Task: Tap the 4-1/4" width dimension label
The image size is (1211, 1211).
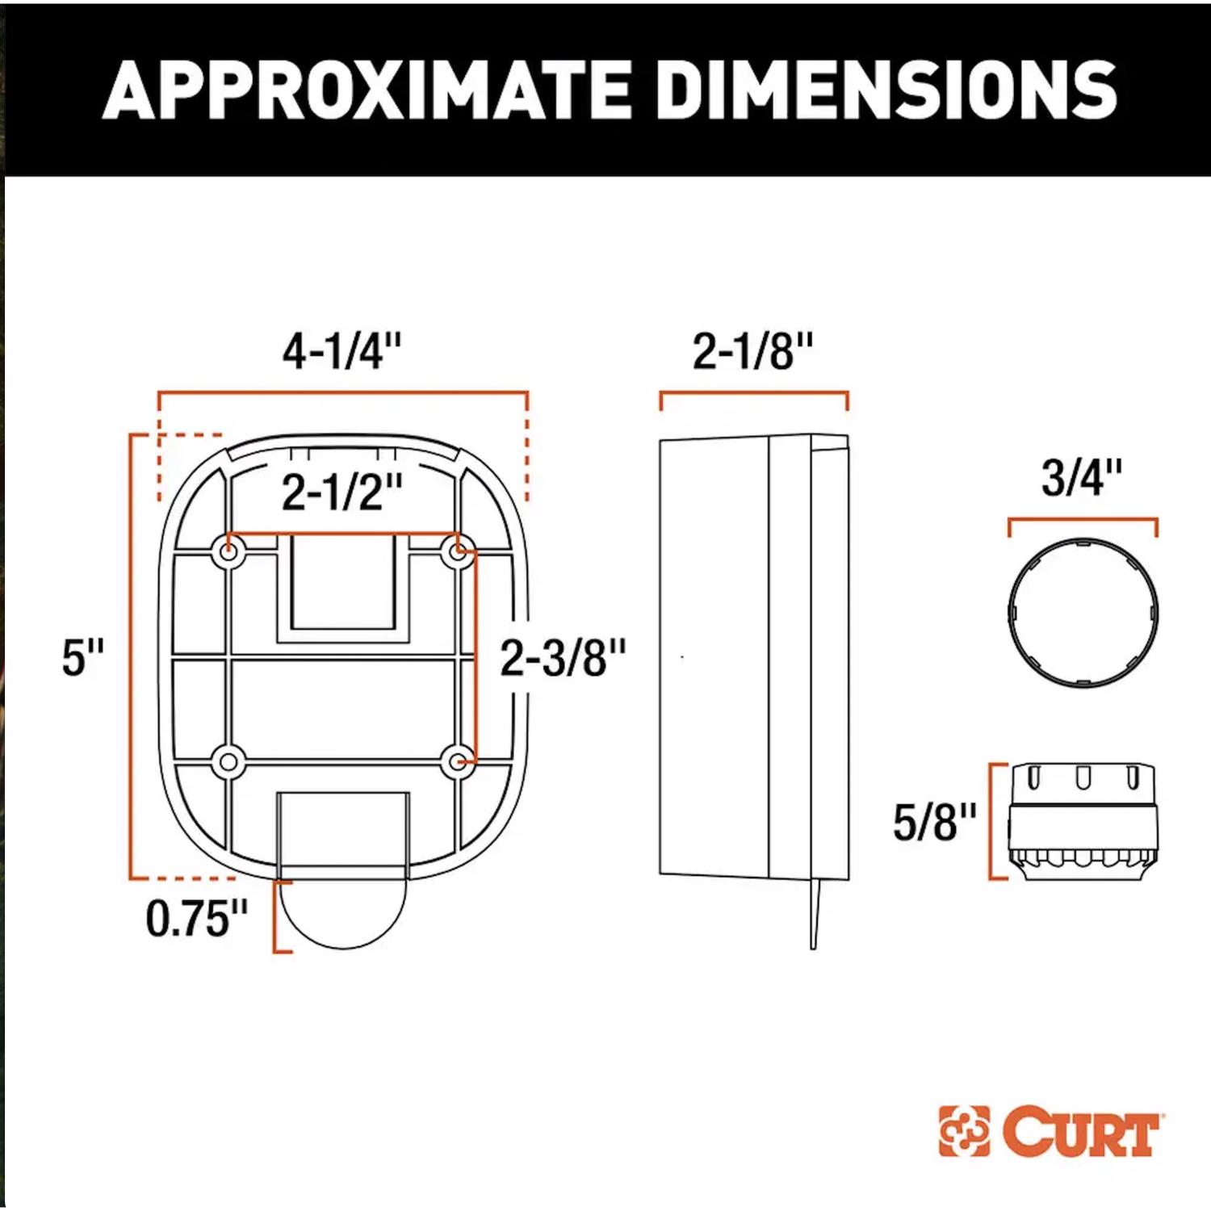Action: pyautogui.click(x=342, y=351)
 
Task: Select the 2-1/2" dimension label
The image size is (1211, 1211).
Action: pyautogui.click(x=342, y=492)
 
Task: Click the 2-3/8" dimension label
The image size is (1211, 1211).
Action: pyautogui.click(x=563, y=657)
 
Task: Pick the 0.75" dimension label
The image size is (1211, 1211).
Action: pyautogui.click(x=197, y=918)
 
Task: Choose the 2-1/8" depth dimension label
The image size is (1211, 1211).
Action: pyautogui.click(x=752, y=351)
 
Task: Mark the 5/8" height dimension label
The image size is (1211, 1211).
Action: pyautogui.click(x=935, y=822)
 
